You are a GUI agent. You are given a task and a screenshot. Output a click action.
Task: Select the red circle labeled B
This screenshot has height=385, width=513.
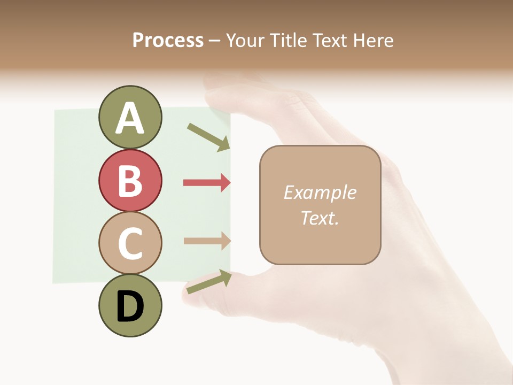click(130, 180)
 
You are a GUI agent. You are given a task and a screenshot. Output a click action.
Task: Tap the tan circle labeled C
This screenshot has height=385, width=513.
click(130, 243)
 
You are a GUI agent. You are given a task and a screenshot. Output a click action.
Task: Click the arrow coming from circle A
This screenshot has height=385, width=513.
click(208, 137)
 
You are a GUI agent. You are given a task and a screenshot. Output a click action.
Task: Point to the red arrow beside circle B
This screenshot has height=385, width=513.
click(206, 183)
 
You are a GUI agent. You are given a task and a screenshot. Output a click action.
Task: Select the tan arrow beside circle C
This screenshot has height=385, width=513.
click(206, 241)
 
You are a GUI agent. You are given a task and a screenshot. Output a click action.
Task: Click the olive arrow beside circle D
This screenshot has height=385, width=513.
click(209, 282)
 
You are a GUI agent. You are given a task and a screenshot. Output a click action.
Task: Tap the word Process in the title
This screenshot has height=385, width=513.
click(168, 41)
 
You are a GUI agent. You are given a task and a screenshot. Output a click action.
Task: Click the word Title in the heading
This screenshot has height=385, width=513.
click(287, 41)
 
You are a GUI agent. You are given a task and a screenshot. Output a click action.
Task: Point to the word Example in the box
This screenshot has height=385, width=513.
click(320, 192)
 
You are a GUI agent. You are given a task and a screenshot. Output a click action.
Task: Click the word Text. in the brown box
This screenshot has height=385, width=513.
click(320, 218)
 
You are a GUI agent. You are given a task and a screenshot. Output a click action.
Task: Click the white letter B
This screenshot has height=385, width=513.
click(130, 180)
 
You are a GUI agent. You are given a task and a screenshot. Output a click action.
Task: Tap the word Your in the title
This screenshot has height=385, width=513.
click(246, 41)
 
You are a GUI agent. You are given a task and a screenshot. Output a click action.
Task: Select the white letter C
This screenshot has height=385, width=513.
click(130, 243)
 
